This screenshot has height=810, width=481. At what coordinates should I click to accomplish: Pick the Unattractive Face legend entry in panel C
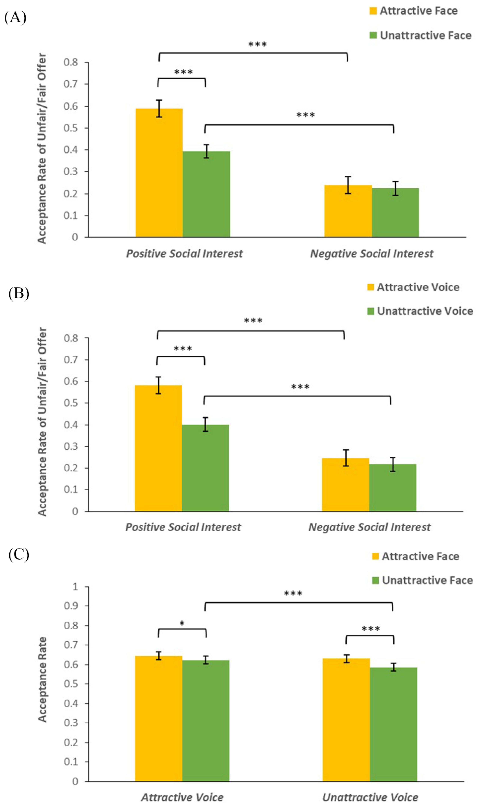[x=422, y=580]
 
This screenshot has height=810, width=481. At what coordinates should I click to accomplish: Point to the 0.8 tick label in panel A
[x=71, y=62]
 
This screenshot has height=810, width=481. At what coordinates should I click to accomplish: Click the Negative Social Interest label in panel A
[x=371, y=254]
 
